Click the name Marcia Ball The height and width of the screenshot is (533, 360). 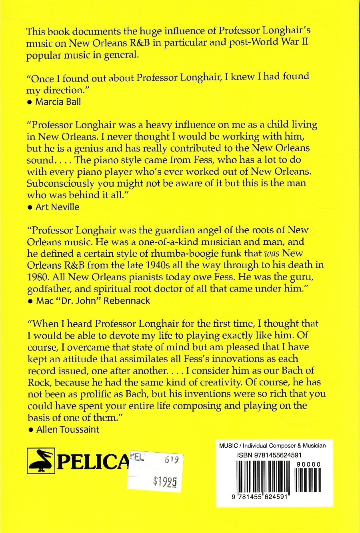coord(58,102)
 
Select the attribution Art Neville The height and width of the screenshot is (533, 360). coord(58,207)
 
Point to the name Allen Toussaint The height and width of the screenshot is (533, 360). coord(68,429)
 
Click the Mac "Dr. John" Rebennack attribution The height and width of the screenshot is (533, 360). coord(93,301)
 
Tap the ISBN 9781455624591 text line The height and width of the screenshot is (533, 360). coord(269,455)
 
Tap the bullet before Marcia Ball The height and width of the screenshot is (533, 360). coord(30,102)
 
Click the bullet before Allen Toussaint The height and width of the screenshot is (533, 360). coord(30,430)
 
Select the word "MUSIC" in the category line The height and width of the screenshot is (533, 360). coord(228,446)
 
